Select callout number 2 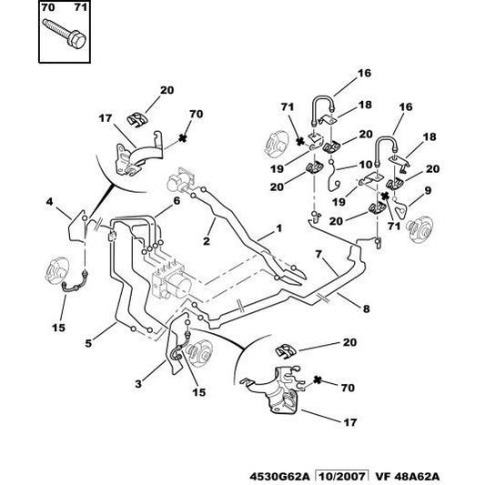(207, 241)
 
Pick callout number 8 (366, 309)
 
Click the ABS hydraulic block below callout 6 (169, 273)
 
